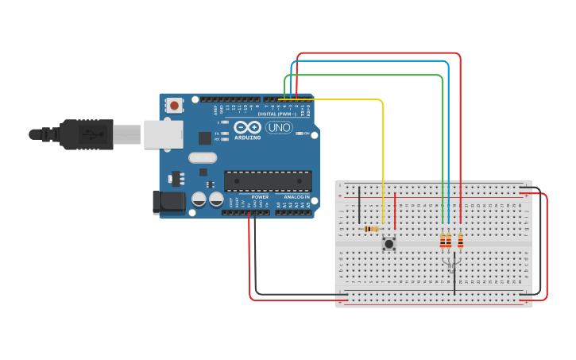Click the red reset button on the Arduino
(174, 105)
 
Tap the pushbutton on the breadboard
(389, 244)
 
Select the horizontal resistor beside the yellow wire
(369, 230)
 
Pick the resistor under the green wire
(443, 240)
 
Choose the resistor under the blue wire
(449, 240)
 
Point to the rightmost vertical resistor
(460, 240)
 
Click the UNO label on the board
(279, 128)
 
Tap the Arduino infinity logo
(247, 127)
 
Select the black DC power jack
(168, 202)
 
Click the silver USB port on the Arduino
(163, 134)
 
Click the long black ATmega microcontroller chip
(268, 181)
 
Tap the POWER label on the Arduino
(260, 196)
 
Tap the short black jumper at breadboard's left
(359, 205)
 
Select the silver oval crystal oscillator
(203, 157)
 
